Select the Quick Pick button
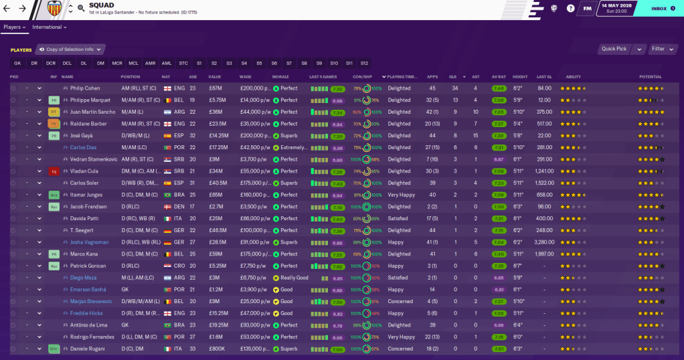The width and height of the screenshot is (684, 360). pos(614,49)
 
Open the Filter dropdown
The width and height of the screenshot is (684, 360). pos(662,49)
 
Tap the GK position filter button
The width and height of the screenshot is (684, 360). pos(17,63)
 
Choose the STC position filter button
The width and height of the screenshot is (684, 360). pos(183,63)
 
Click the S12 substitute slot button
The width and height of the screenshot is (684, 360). pos(364,63)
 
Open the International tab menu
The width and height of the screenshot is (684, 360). pos(50,27)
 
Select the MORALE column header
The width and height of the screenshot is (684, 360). pos(281,77)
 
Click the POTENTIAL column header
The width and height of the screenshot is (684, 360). pos(651,77)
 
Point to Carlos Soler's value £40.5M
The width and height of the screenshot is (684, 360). pos(218,183)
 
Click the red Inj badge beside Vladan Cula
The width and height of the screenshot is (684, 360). pos(54,171)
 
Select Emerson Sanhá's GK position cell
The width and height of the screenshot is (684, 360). pos(125,290)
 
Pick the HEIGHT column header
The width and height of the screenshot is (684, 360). pos(520,77)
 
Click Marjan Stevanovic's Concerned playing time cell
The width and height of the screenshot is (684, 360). pos(400,301)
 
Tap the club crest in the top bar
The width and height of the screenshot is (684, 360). pos(56,9)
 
